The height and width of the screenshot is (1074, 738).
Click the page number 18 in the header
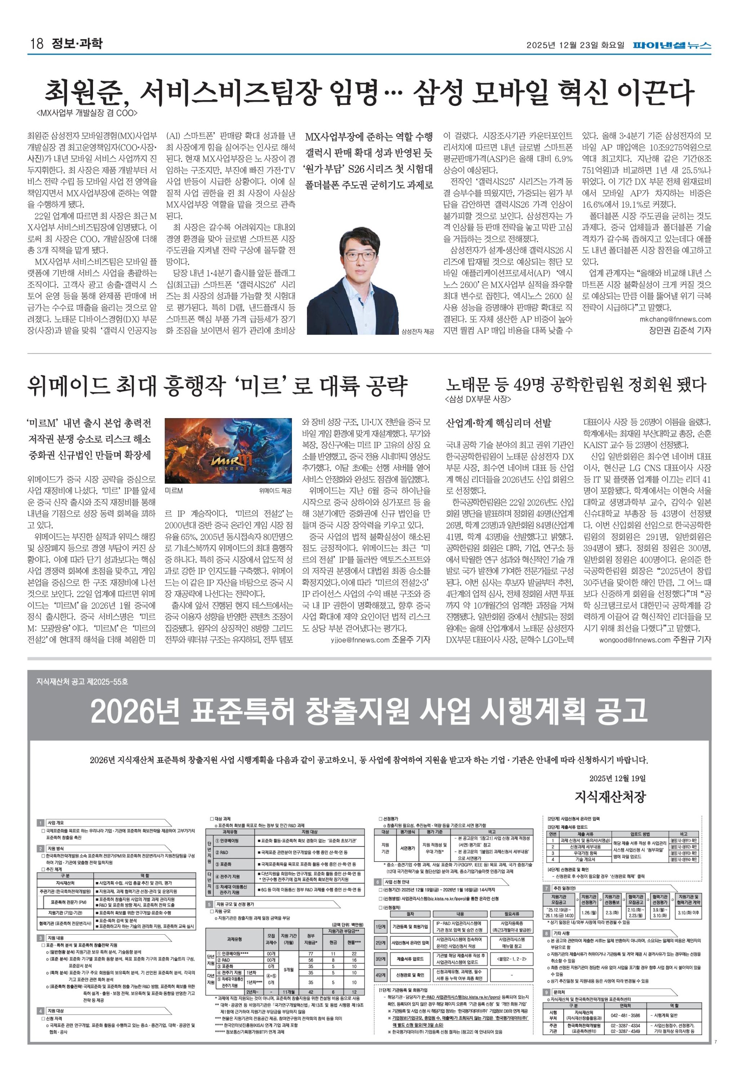[36, 44]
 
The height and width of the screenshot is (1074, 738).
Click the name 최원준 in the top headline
[85, 92]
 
